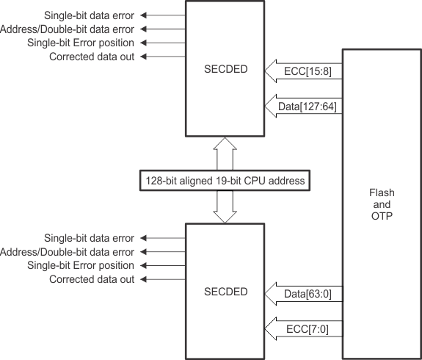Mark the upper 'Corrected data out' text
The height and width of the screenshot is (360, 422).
[x=92, y=57]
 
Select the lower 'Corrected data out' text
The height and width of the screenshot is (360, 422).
[x=92, y=280]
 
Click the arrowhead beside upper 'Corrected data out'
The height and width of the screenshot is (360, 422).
[x=145, y=57]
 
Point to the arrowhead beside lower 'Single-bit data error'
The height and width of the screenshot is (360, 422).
[x=145, y=238]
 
